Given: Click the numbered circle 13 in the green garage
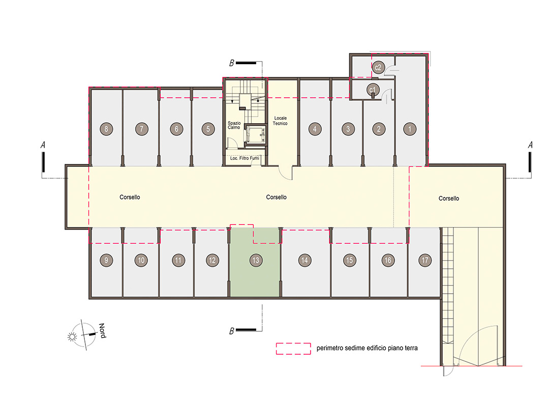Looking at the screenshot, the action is coord(256,260).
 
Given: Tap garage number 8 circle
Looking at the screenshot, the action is coord(106,129).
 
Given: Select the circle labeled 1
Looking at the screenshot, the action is coord(410,129).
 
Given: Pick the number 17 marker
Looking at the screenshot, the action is coord(425,260).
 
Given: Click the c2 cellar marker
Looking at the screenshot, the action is coord(378,67).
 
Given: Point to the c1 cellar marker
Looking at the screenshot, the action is coord(373,90).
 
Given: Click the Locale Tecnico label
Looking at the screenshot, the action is coord(280,121).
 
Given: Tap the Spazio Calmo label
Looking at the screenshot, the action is coord(234,125).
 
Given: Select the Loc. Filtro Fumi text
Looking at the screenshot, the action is coord(245,158).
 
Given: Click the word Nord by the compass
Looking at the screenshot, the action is coord(102,331).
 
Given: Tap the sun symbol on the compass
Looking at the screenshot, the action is coord(72,336).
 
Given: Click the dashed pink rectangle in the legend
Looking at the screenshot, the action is coord(293,349).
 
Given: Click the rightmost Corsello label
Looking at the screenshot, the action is coord(448,198).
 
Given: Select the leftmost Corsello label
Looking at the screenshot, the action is coord(130,197).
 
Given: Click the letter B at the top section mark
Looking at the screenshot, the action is coord(231,63).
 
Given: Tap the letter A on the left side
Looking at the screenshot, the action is coord(43,145).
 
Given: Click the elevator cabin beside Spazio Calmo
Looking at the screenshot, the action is coord(255,134).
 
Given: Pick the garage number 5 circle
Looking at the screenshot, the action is coord(208,129).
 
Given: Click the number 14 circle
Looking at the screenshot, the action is coord(305,260).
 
